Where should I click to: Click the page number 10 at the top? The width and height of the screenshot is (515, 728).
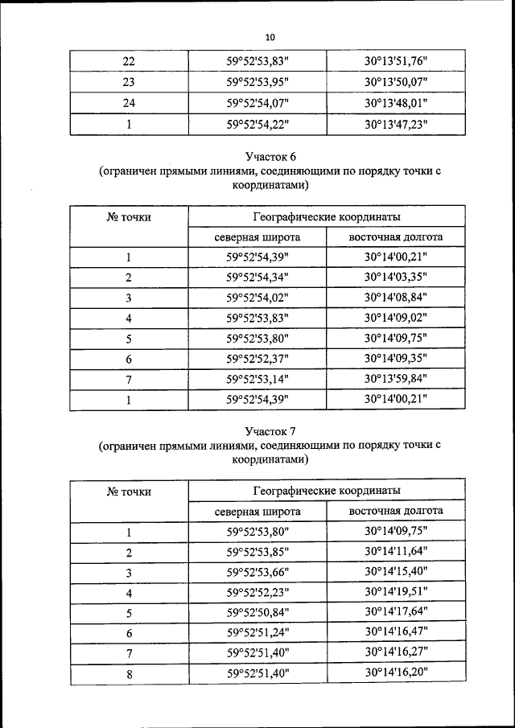tap(270, 37)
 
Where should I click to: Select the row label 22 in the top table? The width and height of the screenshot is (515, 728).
tap(129, 60)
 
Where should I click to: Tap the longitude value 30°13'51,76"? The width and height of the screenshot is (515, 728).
tap(395, 60)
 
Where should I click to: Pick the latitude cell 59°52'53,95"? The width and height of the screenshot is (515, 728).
tap(257, 82)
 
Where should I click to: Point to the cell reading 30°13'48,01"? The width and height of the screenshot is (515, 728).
tap(395, 103)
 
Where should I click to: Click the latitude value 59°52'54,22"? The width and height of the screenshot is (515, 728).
tap(257, 125)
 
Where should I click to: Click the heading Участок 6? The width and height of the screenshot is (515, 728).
tap(270, 155)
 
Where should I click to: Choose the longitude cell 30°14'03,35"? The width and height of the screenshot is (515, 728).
tap(395, 278)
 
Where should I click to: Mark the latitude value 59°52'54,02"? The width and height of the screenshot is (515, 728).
tap(257, 298)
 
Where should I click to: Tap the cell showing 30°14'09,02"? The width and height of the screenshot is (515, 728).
tap(395, 318)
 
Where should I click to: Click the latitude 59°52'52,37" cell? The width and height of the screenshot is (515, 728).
tap(257, 359)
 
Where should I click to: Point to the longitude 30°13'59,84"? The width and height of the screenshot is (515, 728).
tap(395, 379)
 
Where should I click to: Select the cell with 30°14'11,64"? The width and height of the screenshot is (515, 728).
tap(395, 552)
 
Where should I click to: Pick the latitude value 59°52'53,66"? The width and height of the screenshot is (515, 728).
tap(257, 572)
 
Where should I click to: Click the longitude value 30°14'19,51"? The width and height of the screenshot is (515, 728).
tap(395, 593)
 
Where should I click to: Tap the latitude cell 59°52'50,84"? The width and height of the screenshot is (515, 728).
tap(257, 613)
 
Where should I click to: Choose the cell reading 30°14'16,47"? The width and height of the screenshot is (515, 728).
tap(395, 633)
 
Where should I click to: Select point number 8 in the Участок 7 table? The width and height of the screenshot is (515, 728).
tap(129, 674)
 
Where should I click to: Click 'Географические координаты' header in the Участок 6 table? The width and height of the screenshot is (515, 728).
tap(327, 216)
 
